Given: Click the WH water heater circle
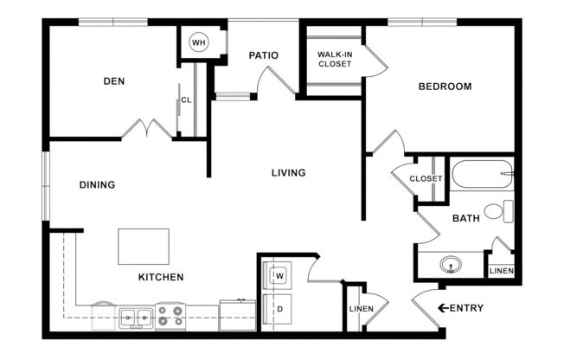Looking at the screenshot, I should (x=199, y=42).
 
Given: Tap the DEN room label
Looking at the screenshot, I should (x=114, y=81).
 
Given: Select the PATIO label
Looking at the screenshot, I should (x=263, y=55).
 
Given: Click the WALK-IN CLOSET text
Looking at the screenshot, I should (x=334, y=59).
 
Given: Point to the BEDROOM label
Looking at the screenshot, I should (x=445, y=87).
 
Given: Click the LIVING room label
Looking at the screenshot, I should (x=288, y=173).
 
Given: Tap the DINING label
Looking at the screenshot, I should (x=97, y=184).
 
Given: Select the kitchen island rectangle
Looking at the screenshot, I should (x=144, y=247).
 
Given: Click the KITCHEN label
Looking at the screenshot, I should (x=160, y=278).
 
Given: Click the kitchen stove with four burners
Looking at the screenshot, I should (x=170, y=316).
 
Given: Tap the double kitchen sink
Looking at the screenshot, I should (x=136, y=318).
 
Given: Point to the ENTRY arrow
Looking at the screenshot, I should (x=443, y=308).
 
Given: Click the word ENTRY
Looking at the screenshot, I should (x=467, y=308).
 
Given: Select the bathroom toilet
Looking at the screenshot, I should (x=498, y=210).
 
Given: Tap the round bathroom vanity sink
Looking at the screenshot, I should (x=449, y=264).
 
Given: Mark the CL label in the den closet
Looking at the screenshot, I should (x=187, y=101).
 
